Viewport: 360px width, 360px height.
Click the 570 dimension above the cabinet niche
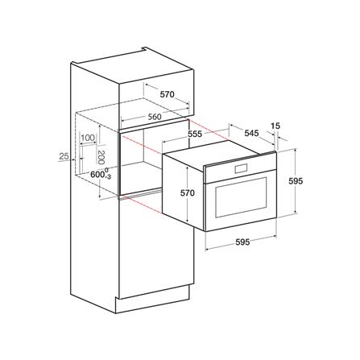pyautogui.click(x=168, y=94)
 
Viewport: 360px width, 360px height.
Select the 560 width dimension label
pyautogui.click(x=155, y=117)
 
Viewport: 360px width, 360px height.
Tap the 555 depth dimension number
pyautogui.click(x=194, y=134)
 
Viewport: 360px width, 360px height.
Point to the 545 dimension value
pyautogui.click(x=251, y=133)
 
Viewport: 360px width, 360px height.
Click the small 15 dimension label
pyautogui.click(x=275, y=126)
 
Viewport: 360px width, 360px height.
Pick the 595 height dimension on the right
pyautogui.click(x=296, y=181)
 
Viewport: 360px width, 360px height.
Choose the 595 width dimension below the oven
pyautogui.click(x=242, y=242)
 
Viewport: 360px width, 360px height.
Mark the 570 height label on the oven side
pyautogui.click(x=188, y=193)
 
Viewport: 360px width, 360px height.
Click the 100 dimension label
pyautogui.click(x=88, y=138)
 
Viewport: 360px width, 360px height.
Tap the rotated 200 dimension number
pyautogui.click(x=101, y=157)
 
